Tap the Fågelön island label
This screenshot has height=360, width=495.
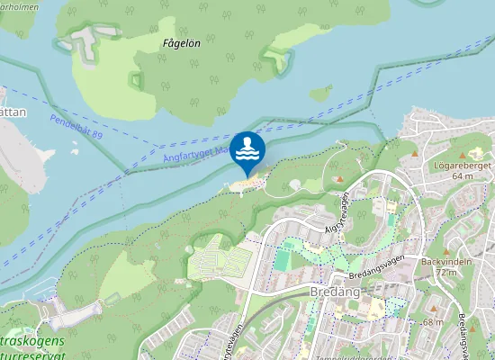[182, 42]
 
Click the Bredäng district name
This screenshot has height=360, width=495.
[335, 293]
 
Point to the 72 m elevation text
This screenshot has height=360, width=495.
[446, 272]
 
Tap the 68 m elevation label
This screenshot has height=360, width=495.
[433, 321]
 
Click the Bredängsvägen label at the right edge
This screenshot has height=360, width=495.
[462, 333]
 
